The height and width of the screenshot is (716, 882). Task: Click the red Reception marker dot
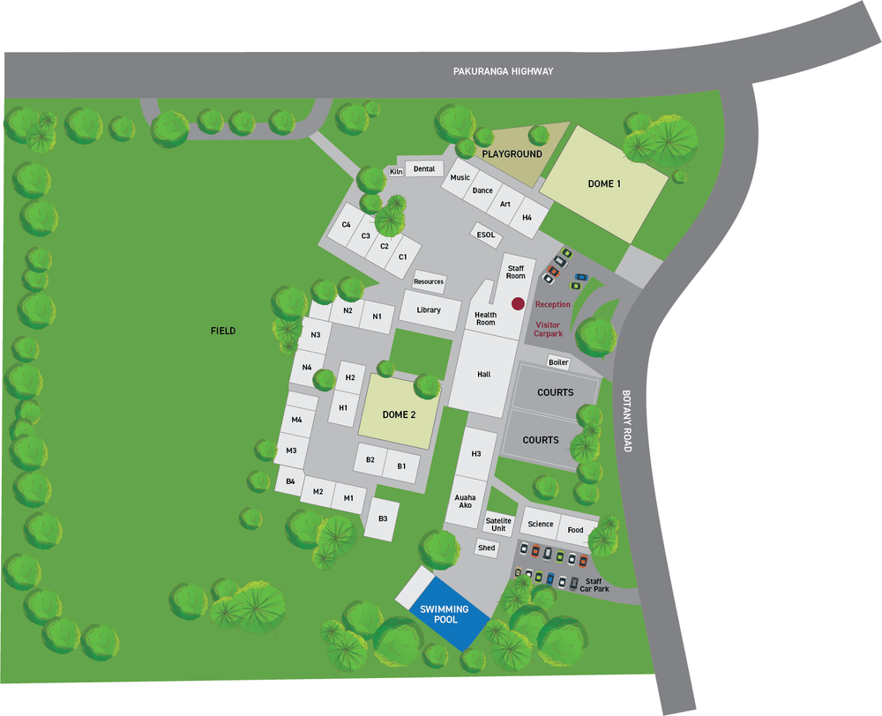(x=518, y=303)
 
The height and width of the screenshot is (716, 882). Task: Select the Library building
(x=430, y=310)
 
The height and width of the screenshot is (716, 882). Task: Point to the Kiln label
(x=396, y=171)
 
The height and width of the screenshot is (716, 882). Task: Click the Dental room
(x=424, y=169)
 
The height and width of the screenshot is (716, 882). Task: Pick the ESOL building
(x=486, y=235)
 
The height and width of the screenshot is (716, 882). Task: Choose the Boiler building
(x=558, y=362)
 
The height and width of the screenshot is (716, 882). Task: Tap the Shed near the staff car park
(x=486, y=548)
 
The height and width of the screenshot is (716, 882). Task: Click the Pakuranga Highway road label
(x=503, y=71)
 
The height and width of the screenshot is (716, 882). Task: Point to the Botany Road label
(x=627, y=421)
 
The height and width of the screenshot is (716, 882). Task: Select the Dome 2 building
(x=399, y=414)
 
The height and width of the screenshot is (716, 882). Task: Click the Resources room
(x=429, y=281)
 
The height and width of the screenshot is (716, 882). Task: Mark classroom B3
(x=383, y=518)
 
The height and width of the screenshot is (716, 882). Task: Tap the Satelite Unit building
(x=498, y=525)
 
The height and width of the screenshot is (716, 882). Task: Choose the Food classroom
(x=575, y=530)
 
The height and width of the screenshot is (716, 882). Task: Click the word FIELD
(x=223, y=331)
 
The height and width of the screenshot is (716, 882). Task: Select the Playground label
(x=512, y=154)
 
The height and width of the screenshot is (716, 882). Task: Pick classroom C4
(x=347, y=225)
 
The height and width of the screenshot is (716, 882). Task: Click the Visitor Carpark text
(x=548, y=329)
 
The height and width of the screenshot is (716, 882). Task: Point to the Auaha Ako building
(x=465, y=501)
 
